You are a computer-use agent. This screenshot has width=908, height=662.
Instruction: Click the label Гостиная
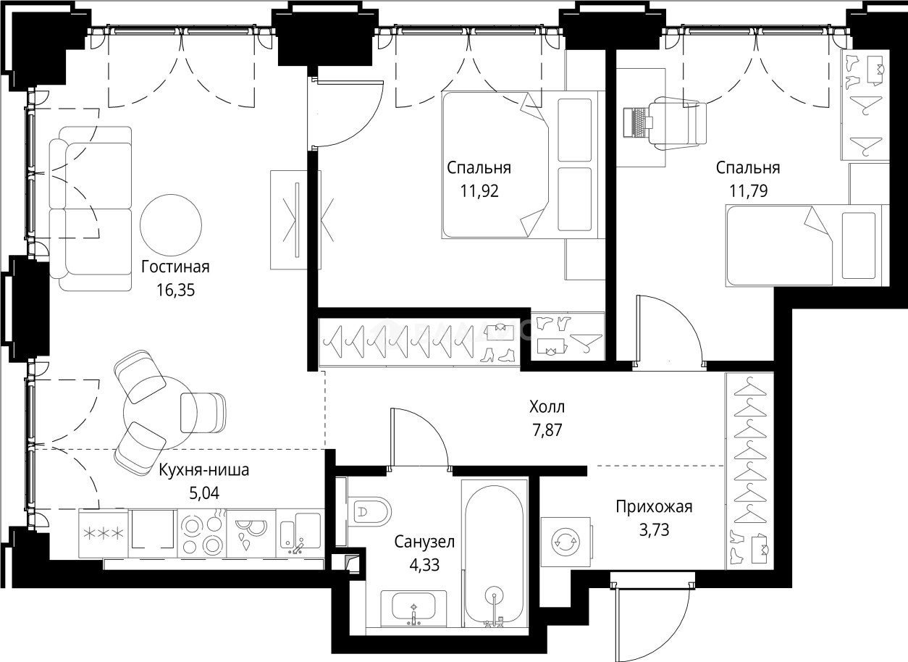coord(175,267)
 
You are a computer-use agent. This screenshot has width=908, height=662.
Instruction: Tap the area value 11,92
coord(479,191)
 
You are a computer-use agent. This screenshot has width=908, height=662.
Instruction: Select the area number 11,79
coord(748,191)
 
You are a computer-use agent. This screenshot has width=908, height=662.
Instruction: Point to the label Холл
coord(547,406)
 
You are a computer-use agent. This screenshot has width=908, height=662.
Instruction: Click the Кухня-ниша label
coord(204,470)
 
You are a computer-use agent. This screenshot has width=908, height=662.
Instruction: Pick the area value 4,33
coord(424,565)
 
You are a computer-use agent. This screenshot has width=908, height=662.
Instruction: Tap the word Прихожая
coord(655,507)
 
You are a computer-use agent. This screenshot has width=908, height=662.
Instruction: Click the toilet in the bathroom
coord(369,511)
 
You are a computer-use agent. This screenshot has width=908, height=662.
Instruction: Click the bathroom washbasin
coord(413,608)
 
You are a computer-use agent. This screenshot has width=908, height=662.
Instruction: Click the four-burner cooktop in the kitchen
coord(202,534)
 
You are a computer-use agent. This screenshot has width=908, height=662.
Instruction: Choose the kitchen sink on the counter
coord(300,534)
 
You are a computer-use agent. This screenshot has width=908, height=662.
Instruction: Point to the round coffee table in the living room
coord(171,225)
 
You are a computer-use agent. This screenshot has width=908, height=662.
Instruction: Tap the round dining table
coord(160,413)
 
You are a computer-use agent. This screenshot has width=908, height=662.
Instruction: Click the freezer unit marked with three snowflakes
coord(104,534)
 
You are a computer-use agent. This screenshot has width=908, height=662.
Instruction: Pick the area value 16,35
coord(175,290)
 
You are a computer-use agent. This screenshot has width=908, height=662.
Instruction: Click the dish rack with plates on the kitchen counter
coord(251,534)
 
